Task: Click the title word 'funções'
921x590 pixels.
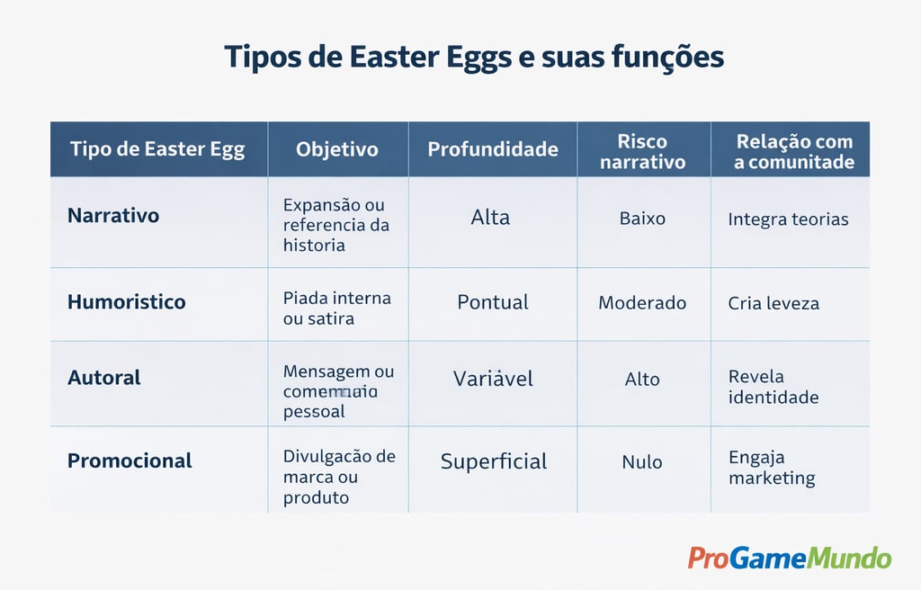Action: [x=667, y=58]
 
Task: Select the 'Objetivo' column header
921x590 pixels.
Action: [x=337, y=149]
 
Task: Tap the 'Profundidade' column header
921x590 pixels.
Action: [x=493, y=149]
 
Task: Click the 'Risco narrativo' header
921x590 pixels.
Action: [x=643, y=151]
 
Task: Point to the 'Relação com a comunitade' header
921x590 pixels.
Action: [x=793, y=151]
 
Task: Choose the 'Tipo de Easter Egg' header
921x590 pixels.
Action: [x=157, y=149]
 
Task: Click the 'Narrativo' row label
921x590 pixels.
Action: [x=113, y=216]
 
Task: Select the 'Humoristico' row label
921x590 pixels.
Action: [x=126, y=302]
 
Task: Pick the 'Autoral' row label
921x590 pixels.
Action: [x=104, y=378]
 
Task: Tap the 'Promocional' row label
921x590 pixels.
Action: [x=130, y=460]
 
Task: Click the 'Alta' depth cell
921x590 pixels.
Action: [x=490, y=217]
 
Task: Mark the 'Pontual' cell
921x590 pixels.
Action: [x=493, y=302]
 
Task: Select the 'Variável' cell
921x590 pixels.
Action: [x=493, y=379]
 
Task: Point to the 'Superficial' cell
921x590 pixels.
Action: [x=494, y=461]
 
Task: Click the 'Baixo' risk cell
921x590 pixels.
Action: [x=642, y=218]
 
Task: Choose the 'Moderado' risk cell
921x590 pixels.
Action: [x=642, y=303]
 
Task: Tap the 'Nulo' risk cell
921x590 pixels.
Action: [x=642, y=462]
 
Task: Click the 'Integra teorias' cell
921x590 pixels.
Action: [x=788, y=219]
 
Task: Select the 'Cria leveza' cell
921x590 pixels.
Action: [x=773, y=303]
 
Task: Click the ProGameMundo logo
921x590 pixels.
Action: [x=790, y=558]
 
